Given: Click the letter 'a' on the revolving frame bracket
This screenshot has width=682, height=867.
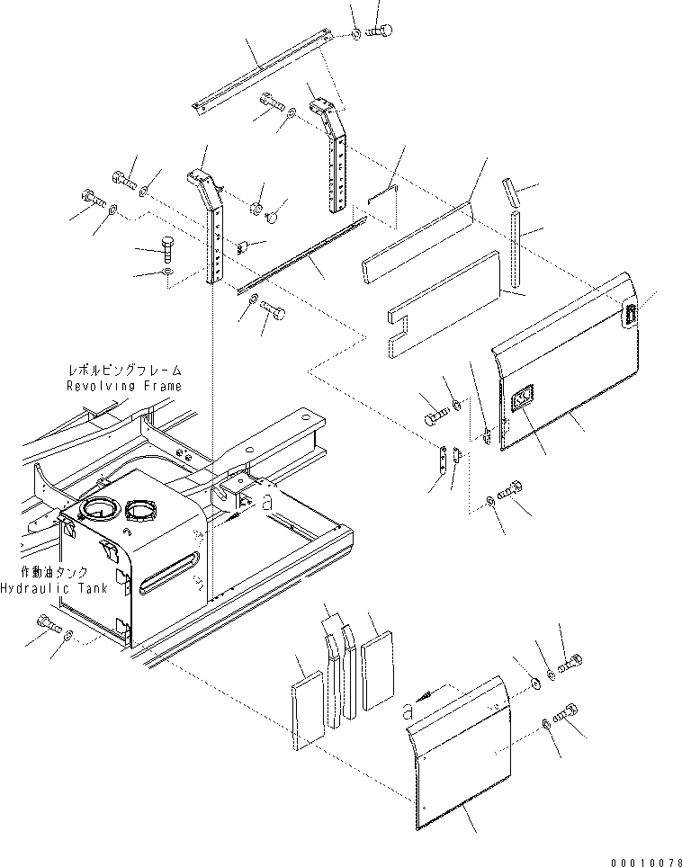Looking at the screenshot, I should pos(265,503).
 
